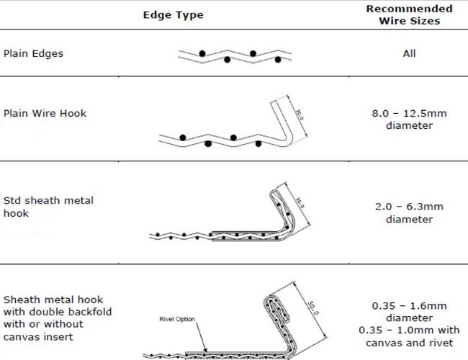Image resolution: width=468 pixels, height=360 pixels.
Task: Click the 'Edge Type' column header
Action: tap(173, 15)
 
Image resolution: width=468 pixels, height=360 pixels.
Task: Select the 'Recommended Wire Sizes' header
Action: tap(409, 14)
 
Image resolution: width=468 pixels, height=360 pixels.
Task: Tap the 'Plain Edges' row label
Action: tap(33, 53)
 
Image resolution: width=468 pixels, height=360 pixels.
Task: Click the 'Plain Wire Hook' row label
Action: tap(45, 114)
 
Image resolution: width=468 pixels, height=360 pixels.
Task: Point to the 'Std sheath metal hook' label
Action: tap(48, 207)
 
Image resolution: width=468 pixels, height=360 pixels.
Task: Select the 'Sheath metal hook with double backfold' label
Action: tap(58, 306)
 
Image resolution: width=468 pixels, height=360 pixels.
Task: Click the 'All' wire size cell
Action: tap(409, 53)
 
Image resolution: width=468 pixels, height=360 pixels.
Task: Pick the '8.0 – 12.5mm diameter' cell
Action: tap(409, 120)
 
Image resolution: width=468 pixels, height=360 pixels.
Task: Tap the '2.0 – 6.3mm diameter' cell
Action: tap(409, 213)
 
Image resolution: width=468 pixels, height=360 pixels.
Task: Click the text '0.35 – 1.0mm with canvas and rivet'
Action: tap(409, 336)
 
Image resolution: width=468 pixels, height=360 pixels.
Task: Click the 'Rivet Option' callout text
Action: tap(177, 319)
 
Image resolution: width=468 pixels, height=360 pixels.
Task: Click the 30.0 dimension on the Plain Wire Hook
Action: tap(300, 114)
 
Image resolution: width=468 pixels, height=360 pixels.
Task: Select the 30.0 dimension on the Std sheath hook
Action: tap(300, 203)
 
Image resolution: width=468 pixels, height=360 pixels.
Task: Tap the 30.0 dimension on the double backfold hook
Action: tap(313, 307)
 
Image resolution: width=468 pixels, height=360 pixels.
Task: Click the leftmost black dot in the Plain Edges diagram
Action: tap(202, 54)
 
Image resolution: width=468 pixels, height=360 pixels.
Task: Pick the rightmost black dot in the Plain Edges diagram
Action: tap(278, 60)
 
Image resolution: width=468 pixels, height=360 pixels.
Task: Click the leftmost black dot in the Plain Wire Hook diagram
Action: tap(183, 138)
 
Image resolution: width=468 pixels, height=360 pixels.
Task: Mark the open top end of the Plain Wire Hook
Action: tap(274, 102)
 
